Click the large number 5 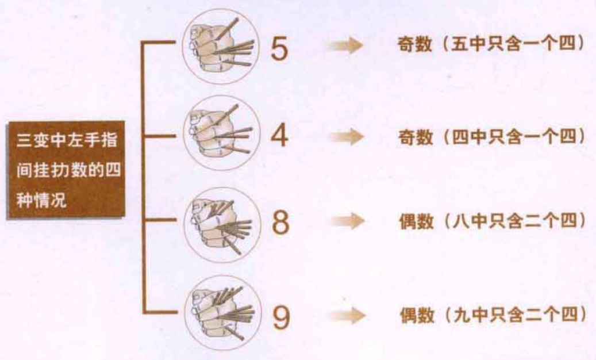(279, 49)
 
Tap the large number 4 (279, 135)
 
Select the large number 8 (280, 222)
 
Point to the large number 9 (281, 317)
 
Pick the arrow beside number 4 (346, 136)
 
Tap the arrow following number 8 (347, 220)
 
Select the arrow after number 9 (348, 315)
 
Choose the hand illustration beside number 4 (222, 133)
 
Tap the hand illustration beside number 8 (222, 224)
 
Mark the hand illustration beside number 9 (223, 312)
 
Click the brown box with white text (66, 170)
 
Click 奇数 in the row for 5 (415, 44)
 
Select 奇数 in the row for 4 (416, 137)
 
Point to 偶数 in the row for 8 (417, 221)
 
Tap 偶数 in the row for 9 (417, 315)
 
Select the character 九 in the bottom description (462, 315)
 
